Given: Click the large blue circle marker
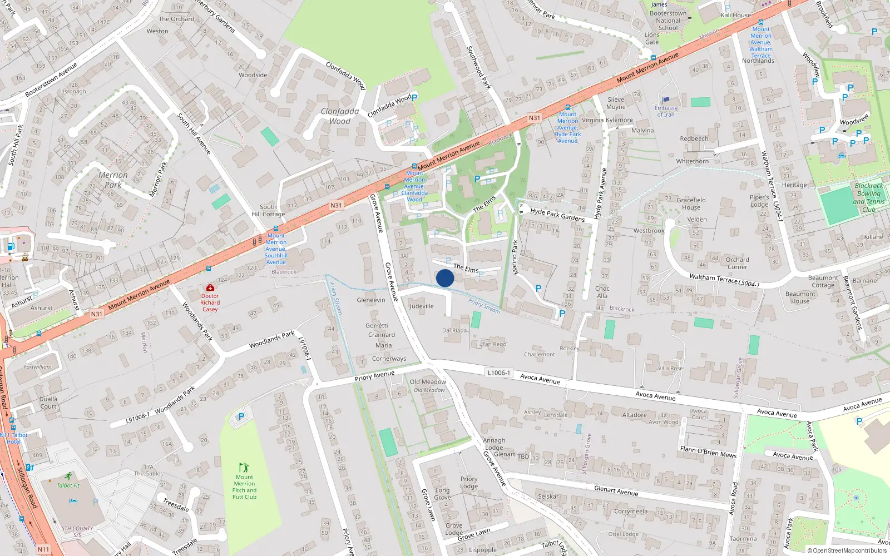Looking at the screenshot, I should point(445,278).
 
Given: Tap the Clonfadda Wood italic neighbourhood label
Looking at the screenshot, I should point(340,116).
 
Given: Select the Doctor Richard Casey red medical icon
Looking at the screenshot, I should point(210,287).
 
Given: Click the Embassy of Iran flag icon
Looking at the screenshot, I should point(666,100).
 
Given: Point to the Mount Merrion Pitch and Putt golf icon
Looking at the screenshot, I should point(244,468).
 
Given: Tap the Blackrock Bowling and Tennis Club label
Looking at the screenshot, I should point(869,197).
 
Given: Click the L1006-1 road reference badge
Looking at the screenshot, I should point(498,373).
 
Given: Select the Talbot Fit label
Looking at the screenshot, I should point(68,485).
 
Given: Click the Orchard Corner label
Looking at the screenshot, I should point(738,263).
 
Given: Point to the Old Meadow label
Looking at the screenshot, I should point(428,382).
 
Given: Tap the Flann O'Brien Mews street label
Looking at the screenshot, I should point(708,452).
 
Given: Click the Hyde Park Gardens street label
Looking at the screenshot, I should point(557,215).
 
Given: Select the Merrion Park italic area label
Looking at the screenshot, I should point(113,180).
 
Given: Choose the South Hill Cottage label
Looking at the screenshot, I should point(268,210).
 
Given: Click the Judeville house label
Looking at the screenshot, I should point(422,306).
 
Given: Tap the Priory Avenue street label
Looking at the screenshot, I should point(374,376).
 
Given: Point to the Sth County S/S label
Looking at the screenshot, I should point(77,532).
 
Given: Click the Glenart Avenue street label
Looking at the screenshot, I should point(616,490).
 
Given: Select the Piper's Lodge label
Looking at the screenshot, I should point(759,201).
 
